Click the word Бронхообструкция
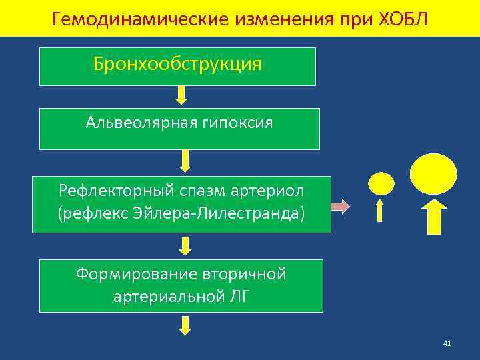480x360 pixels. point(177,65)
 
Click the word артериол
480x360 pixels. point(272,191)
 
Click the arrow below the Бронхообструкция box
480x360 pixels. point(181,95)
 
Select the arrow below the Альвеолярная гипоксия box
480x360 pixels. point(185,160)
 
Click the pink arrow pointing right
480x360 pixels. point(340,207)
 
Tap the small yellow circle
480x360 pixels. point(381,183)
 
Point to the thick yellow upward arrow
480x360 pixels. point(433,217)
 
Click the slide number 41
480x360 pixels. point(447,343)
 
